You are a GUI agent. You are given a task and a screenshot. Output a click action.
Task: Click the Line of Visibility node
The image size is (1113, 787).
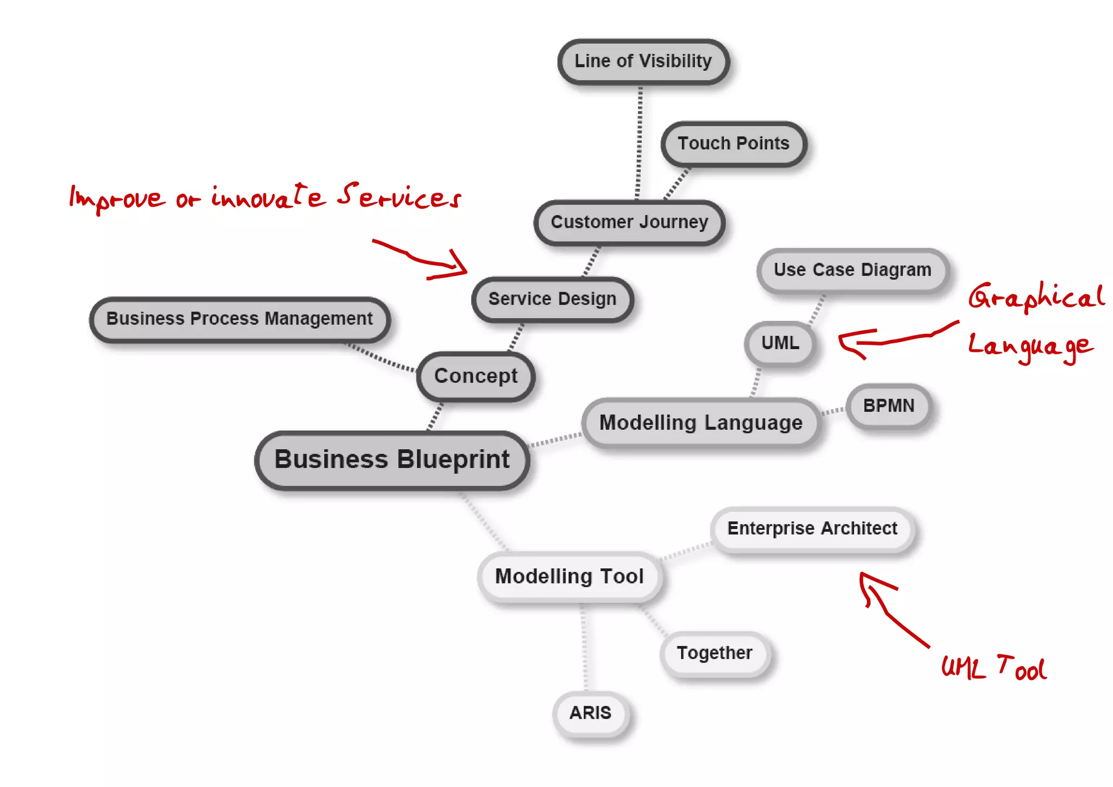pos(643,61)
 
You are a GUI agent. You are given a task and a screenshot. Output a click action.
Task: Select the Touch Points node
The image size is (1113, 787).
pos(733,144)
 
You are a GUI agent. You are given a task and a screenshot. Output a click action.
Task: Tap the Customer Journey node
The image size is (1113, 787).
pos(629,222)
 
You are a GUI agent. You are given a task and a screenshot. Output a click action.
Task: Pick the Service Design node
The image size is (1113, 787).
pos(552,299)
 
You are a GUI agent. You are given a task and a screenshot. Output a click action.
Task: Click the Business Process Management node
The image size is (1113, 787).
pos(239,319)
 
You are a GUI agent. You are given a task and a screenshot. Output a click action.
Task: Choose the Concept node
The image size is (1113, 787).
pos(476,376)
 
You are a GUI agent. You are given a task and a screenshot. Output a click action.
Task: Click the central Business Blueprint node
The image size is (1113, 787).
pos(392,460)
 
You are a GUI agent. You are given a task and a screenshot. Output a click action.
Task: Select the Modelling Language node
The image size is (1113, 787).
pos(701,423)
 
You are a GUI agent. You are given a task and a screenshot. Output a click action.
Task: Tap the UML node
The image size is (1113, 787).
pos(780,343)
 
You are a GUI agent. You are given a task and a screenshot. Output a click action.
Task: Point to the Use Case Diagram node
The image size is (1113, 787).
pos(852,270)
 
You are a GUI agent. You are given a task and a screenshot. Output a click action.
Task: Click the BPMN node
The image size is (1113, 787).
pos(889,406)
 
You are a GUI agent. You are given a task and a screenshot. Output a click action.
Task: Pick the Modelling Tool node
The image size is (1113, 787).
pos(569,577)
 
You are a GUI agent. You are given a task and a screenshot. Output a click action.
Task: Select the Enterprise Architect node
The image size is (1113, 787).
pos(812,529)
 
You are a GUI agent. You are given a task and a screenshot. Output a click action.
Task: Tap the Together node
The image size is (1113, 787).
pos(714,653)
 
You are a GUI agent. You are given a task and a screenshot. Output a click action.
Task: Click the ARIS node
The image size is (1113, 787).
pos(590,713)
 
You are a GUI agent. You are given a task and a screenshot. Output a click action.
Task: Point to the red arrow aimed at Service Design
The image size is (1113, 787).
pos(424,259)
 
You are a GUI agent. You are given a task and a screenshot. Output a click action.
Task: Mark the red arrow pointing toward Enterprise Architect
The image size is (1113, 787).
pos(891,609)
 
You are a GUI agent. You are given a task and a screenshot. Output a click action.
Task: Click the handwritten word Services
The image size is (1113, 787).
pos(399,197)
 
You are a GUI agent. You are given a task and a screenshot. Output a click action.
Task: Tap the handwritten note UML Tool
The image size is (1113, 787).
pos(993,668)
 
